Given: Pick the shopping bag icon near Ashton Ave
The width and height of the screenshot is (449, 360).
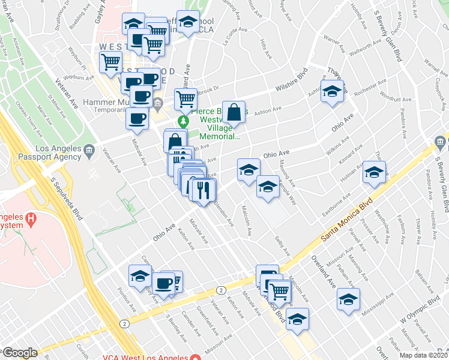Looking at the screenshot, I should click(235, 112).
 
